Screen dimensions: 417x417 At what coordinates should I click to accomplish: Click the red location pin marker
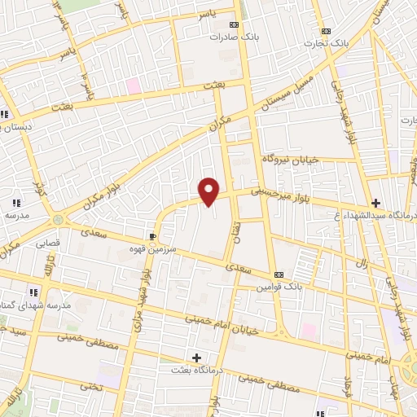[209, 191]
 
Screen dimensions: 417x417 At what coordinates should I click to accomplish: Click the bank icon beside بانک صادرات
[235, 25]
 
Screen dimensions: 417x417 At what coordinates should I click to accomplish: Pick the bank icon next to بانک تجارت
[327, 33]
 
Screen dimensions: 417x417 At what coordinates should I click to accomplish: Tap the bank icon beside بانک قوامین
[279, 274]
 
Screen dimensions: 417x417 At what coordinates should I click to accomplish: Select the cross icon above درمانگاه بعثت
[195, 358]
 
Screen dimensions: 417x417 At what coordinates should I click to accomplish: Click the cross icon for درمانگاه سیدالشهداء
[375, 202]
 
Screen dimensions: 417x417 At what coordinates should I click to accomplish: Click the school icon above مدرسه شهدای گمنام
[33, 292]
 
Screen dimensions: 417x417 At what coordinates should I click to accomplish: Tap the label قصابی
[46, 242]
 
